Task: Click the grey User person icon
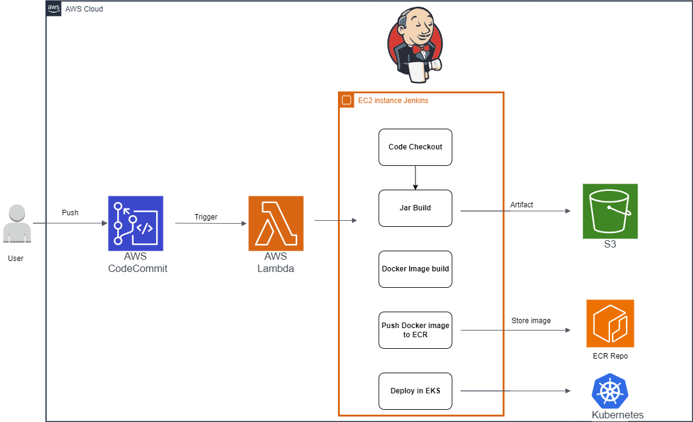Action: point(16,224)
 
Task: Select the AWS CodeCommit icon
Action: point(135,223)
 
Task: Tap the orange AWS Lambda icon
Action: point(276,223)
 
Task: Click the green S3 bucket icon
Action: point(610,211)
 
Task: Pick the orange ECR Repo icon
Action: point(610,323)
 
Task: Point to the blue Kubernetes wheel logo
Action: point(610,391)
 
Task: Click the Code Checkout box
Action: point(415,147)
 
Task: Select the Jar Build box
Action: point(415,208)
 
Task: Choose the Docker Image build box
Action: point(415,269)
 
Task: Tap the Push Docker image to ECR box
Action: point(415,330)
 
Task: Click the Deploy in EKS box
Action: point(415,391)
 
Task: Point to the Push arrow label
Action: point(70,213)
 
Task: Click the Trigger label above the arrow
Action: point(206,217)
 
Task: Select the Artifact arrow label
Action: point(522,205)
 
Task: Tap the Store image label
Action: point(531,321)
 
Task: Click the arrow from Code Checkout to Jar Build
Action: point(415,177)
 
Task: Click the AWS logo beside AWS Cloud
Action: point(54,9)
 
